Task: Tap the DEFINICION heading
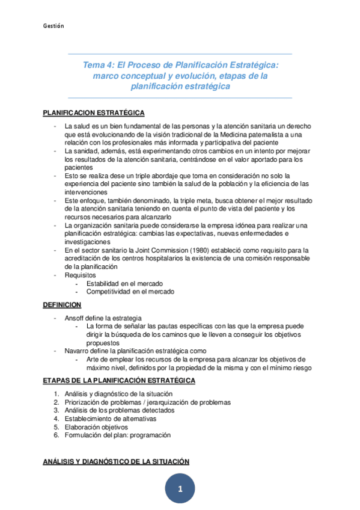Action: click(63, 305)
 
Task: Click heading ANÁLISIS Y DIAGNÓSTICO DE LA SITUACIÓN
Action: click(116, 461)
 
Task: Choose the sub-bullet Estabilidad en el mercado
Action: click(124, 283)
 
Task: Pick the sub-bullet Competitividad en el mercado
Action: click(130, 292)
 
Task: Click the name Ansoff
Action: click(75, 317)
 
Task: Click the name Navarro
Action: click(78, 351)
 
